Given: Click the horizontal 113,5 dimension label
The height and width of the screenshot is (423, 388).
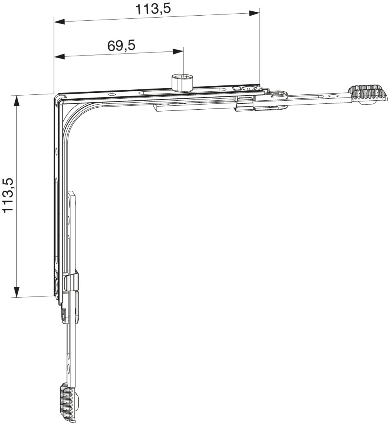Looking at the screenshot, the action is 153,9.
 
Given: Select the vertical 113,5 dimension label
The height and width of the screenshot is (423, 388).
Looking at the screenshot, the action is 8,195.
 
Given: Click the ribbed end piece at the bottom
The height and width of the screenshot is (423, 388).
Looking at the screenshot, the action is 68,403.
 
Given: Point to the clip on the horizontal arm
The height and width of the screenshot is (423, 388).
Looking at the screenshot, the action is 245,104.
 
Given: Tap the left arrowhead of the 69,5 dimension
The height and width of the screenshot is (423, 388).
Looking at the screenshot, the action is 59,56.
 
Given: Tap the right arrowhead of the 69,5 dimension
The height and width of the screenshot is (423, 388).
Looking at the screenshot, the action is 178,52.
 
